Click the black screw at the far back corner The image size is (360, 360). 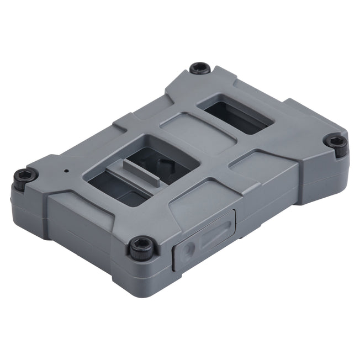click(200, 68)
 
